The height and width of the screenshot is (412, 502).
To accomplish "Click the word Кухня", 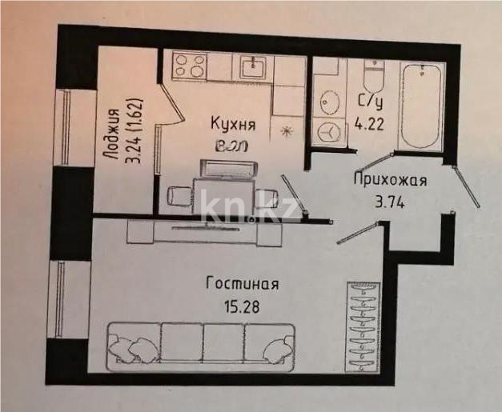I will [233, 124].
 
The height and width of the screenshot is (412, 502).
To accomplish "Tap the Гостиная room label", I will [241, 284].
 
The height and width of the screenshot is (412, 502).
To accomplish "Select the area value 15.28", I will [241, 305].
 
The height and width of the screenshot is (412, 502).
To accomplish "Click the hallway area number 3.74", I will [390, 202].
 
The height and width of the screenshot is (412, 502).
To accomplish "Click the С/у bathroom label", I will [370, 103].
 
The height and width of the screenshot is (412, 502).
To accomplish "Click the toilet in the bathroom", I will [372, 76].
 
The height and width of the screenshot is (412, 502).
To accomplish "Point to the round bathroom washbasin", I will [329, 103].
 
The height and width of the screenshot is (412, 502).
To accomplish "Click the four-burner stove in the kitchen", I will [188, 66].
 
